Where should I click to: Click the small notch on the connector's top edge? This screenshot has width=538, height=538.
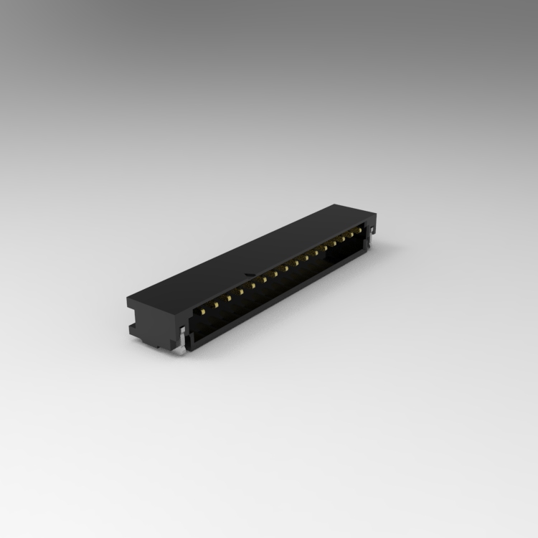247,274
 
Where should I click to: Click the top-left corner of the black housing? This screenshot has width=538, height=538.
128,296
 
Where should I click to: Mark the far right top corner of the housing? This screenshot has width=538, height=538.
376,215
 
